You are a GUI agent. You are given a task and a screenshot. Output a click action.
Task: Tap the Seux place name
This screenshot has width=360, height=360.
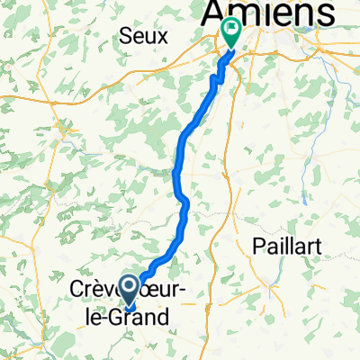[142, 36]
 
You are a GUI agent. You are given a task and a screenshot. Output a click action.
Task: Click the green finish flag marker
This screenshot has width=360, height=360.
[231, 32]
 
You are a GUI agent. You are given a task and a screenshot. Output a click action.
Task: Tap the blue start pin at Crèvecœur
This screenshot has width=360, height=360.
[128, 292]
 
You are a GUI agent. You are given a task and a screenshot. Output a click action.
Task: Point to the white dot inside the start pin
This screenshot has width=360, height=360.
[128, 287]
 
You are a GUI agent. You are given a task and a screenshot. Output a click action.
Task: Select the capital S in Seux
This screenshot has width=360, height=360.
[126, 36]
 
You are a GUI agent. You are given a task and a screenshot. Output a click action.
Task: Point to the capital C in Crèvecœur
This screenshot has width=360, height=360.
[76, 291]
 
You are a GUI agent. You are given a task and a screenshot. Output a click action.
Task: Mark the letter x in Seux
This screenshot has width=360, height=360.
[158, 37]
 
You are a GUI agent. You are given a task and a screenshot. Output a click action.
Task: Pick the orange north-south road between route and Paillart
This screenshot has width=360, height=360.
[236, 162]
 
